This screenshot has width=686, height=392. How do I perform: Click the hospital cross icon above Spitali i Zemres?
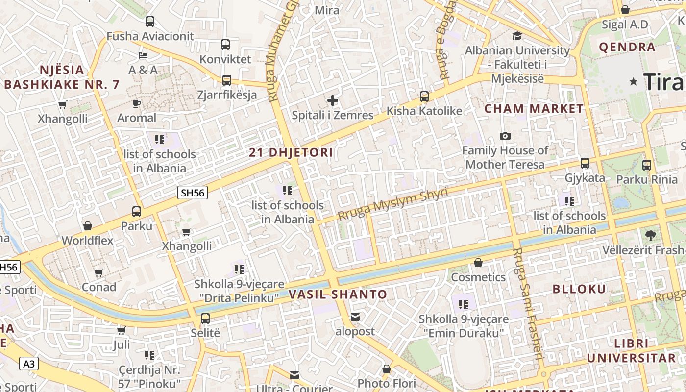(333, 101)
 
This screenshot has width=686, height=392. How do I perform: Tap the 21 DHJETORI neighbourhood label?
(291, 152)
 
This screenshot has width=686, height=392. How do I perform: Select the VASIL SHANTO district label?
(338, 294)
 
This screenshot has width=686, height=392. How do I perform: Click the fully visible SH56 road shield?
(193, 193)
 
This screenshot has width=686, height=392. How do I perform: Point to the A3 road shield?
(29, 364)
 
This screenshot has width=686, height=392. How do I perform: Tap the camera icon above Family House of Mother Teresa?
(505, 136)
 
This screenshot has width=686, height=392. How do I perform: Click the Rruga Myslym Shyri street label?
(392, 204)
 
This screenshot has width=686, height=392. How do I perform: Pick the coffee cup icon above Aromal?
(137, 103)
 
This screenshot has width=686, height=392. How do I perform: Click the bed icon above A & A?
(143, 55)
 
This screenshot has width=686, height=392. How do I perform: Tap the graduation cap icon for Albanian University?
(517, 36)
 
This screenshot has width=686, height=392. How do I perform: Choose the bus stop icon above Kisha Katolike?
(424, 97)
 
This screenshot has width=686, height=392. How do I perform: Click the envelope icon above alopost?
(355, 317)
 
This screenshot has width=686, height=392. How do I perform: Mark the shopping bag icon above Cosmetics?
(478, 263)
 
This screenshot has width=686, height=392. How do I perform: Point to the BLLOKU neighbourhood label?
(579, 289)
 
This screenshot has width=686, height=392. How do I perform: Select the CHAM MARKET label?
(534, 109)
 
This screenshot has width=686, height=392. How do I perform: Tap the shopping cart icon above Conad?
(98, 272)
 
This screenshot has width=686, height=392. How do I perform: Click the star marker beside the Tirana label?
(634, 81)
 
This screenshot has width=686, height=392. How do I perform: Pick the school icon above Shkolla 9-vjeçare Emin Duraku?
(464, 305)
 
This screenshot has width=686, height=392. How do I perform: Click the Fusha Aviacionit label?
(150, 36)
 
